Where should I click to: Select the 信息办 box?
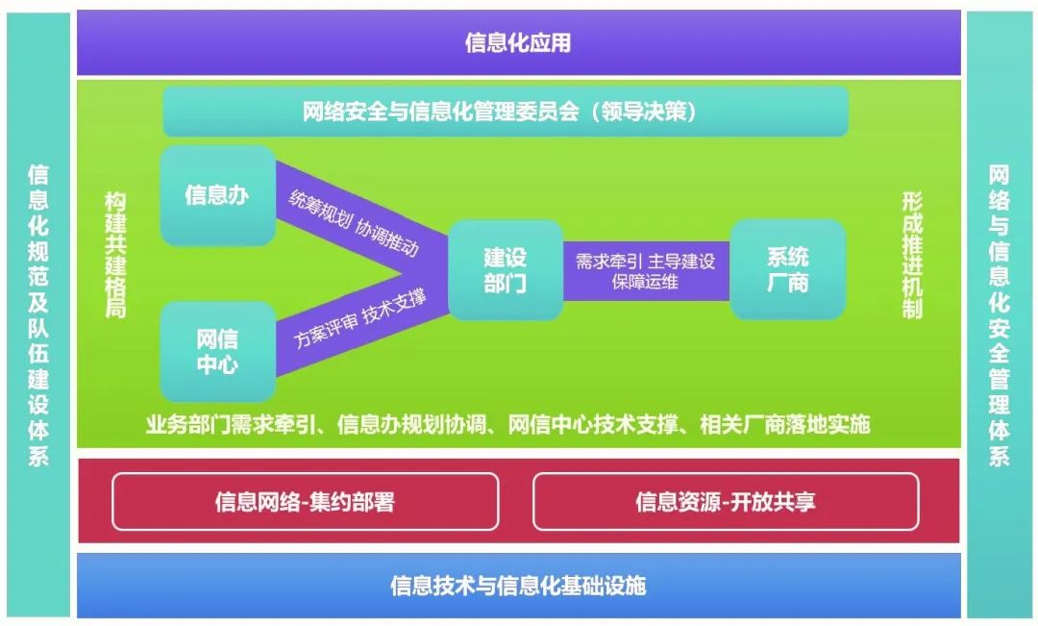[x=217, y=195]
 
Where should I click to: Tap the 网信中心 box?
[x=217, y=352]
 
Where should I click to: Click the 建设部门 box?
[x=505, y=270]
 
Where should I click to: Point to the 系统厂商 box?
[x=787, y=270]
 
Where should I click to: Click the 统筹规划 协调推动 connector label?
[x=354, y=223]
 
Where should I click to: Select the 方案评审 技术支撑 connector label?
[x=359, y=317]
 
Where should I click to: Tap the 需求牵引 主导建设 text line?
[x=645, y=261]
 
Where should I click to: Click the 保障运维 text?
[x=645, y=282]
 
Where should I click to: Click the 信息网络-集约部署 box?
[x=305, y=501]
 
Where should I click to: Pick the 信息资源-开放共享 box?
[x=725, y=501]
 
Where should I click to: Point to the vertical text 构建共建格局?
[x=115, y=255]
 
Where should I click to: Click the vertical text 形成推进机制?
[x=912, y=255]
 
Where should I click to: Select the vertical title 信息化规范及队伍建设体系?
[x=38, y=314]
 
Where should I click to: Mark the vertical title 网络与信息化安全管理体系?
[x=1000, y=314]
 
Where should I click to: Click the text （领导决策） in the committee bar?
[x=644, y=112]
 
